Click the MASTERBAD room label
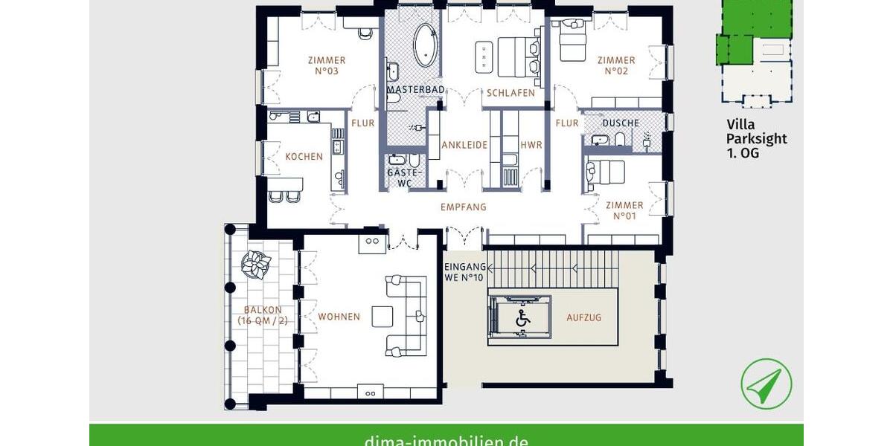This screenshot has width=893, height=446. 415,90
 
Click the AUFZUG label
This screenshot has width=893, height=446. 583,317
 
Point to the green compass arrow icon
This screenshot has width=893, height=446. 766,384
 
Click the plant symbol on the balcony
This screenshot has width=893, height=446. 256,264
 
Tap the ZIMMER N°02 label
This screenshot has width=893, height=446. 616,65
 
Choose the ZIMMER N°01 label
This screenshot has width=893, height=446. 624,210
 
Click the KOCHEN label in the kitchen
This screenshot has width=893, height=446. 304,157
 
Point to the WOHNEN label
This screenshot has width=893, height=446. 339,317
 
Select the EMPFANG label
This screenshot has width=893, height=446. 463,207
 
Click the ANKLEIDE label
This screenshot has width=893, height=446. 464,145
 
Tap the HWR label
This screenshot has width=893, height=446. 531,145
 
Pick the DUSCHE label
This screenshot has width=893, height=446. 621,123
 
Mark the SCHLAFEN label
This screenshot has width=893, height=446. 511,93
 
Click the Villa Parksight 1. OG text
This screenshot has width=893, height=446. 757,139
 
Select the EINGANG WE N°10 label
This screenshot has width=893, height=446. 465,272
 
